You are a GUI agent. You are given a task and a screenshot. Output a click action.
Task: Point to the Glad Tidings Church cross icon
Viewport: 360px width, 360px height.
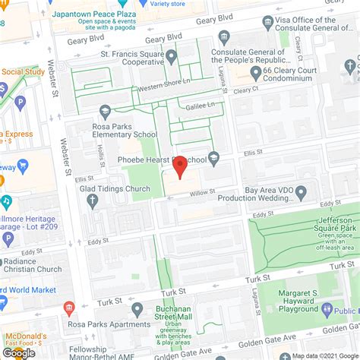(x=93, y=201)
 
